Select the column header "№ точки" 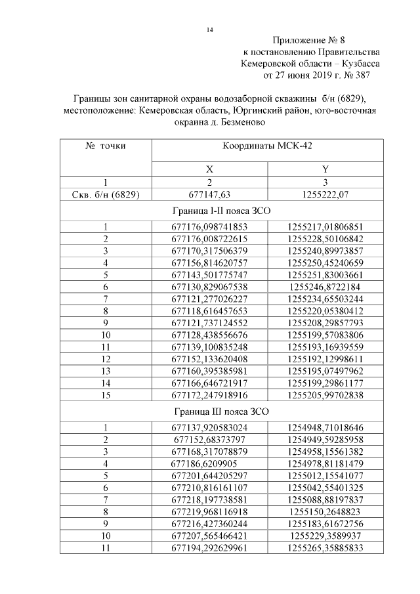[x=106, y=146]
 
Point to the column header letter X [x=209, y=169]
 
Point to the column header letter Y [x=325, y=169]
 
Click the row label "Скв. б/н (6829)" [x=106, y=194]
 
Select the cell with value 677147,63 [x=209, y=194]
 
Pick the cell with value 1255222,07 [x=325, y=194]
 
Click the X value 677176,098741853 [x=209, y=227]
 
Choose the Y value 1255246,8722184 [x=325, y=287]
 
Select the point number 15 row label [x=106, y=394]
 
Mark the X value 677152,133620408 [x=209, y=358]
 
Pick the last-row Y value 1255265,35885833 [x=325, y=547]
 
